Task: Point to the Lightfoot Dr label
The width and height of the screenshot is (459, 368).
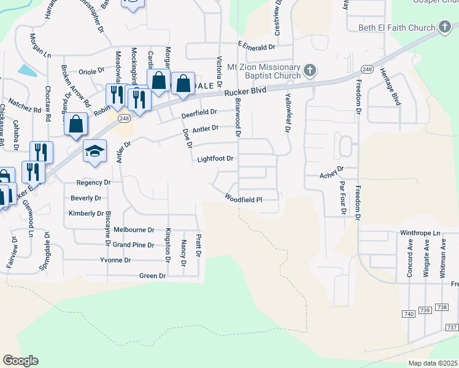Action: point(215,159)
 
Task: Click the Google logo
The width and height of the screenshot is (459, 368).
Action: point(20,361)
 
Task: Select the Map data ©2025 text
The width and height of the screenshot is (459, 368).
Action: point(433,363)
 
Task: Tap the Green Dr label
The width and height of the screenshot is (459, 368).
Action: point(153,276)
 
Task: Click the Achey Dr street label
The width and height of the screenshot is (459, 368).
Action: point(330,175)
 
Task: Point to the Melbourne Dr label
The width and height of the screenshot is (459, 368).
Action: point(134,229)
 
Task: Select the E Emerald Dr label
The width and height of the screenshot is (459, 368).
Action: point(256,47)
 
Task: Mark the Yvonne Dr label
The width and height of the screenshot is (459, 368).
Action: point(116,260)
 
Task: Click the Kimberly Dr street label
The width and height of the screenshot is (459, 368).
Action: point(87,213)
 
